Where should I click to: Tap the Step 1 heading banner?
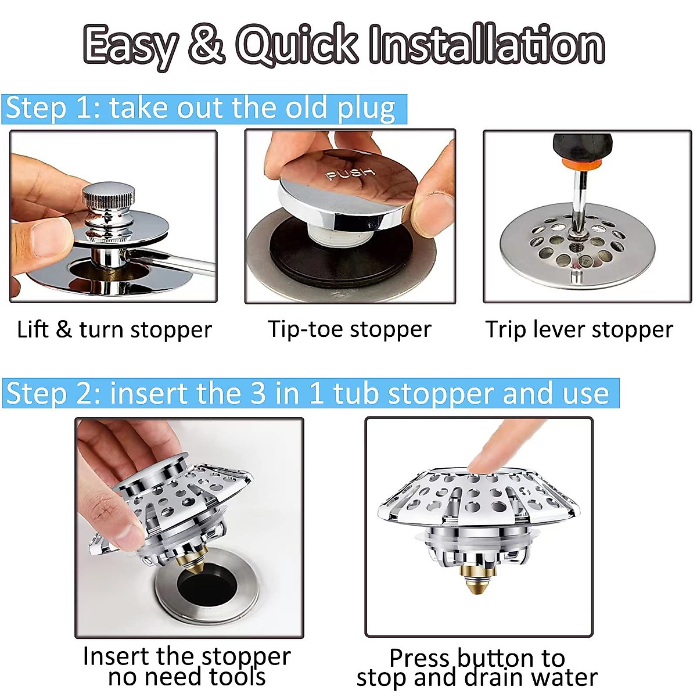pos(203,109)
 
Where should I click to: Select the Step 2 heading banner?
pos(310,393)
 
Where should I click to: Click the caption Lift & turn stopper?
pos(114,330)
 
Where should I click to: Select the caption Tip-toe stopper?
pos(350,329)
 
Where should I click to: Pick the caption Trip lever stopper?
pos(579,330)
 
